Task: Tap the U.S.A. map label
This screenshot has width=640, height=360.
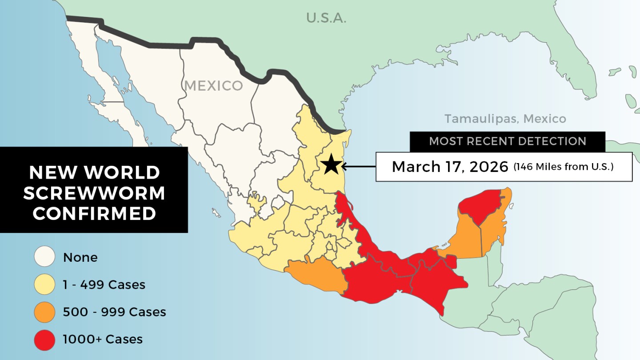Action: pyautogui.click(x=326, y=18)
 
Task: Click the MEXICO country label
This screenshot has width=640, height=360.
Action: pyautogui.click(x=214, y=85)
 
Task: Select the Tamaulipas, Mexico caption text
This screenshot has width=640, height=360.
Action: pyautogui.click(x=505, y=119)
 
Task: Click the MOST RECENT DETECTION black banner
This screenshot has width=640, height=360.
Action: pyautogui.click(x=507, y=142)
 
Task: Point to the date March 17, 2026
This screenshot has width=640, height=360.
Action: pyautogui.click(x=450, y=167)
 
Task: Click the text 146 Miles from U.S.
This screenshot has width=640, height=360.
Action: pyautogui.click(x=563, y=167)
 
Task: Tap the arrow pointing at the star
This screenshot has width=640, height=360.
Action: pyautogui.click(x=358, y=167)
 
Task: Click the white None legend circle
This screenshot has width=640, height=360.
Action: pyautogui.click(x=44, y=257)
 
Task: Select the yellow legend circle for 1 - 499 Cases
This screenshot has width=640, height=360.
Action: pyautogui.click(x=44, y=284)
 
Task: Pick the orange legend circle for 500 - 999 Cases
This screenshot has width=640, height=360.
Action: pyautogui.click(x=44, y=312)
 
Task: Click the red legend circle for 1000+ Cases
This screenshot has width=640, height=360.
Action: pyautogui.click(x=44, y=340)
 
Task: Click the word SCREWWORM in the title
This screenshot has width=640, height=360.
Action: pyautogui.click(x=94, y=193)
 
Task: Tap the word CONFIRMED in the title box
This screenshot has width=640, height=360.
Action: pyautogui.click(x=94, y=214)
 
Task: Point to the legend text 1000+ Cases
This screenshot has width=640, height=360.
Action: pyautogui.click(x=103, y=340)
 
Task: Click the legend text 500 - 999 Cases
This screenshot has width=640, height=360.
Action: pyautogui.click(x=114, y=312)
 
